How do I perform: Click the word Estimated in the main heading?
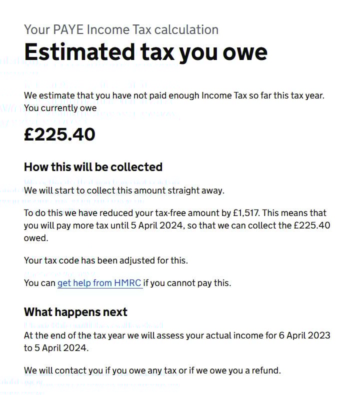71,51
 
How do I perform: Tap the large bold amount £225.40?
59,134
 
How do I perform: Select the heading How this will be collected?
93,166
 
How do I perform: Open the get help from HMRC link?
100,283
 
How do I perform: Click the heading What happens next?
75,312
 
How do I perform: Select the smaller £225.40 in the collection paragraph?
312,225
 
